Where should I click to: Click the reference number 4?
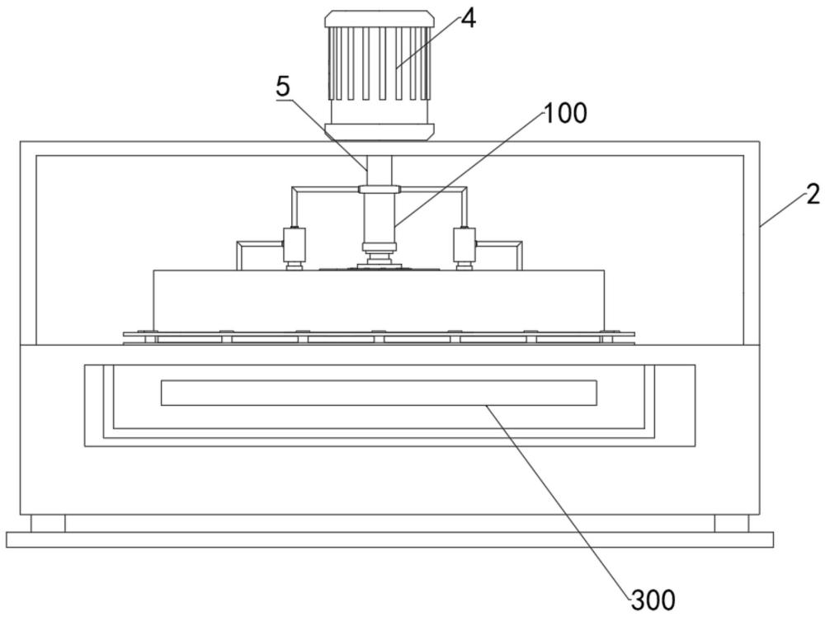468,20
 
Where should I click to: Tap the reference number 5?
283,87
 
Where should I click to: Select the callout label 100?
565,114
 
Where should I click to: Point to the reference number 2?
813,195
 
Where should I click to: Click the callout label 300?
653,600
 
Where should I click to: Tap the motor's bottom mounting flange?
379,132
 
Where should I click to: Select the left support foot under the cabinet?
48,523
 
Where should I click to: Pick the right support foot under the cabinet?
731,523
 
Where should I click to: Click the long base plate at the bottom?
389,539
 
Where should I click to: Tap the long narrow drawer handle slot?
379,393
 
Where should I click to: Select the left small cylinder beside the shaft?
295,245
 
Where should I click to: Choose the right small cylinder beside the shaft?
464,245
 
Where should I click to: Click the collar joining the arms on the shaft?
379,190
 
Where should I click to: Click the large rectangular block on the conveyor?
379,301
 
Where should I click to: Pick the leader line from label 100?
469,169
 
